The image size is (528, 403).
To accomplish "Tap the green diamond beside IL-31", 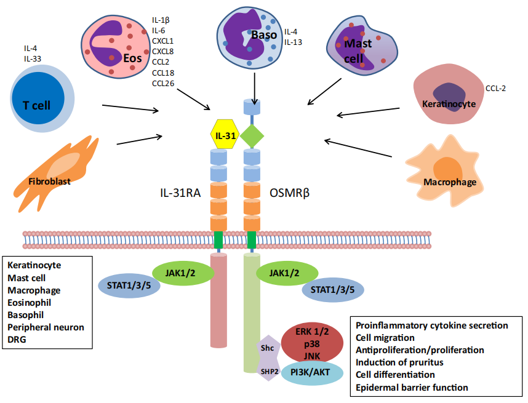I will [252, 135].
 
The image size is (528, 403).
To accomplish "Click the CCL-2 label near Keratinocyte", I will [495, 89].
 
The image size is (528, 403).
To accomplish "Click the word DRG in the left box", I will [17, 339].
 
